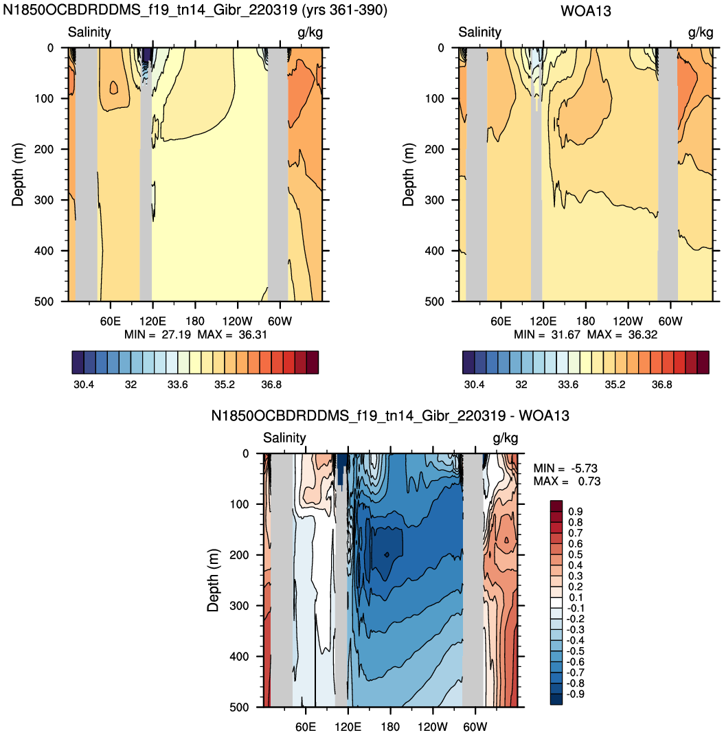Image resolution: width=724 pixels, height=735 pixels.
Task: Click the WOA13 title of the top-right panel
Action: click(586, 11)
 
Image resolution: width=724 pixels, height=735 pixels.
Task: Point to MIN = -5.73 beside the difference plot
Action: click(565, 468)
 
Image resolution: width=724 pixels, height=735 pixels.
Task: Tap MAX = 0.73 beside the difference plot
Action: click(567, 482)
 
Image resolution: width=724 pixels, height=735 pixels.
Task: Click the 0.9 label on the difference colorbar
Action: click(576, 511)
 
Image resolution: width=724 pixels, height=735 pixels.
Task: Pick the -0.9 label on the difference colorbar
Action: click(575, 694)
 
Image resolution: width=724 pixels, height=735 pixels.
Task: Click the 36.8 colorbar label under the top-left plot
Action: click(271, 385)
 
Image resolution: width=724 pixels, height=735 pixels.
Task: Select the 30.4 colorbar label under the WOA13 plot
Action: click(474, 385)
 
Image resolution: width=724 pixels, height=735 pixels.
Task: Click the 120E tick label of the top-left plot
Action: click(152, 321)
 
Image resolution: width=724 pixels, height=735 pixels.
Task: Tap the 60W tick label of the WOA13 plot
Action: click(670, 321)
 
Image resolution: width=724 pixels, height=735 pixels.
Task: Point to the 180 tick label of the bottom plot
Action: click(390, 727)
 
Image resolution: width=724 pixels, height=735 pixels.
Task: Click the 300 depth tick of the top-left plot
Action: click(44, 200)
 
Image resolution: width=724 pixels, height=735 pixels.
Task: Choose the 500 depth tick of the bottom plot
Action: click(239, 708)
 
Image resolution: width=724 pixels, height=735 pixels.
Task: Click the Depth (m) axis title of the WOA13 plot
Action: click(409, 174)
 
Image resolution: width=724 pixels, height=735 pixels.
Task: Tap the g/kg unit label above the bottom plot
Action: click(505, 439)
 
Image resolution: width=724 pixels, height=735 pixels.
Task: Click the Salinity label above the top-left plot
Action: click(89, 32)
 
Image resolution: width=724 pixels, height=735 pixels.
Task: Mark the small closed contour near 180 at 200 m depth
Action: click(387, 554)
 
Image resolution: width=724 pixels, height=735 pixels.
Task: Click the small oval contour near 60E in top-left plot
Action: click(114, 87)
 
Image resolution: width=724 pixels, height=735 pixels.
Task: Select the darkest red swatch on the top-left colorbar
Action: click(313, 362)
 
